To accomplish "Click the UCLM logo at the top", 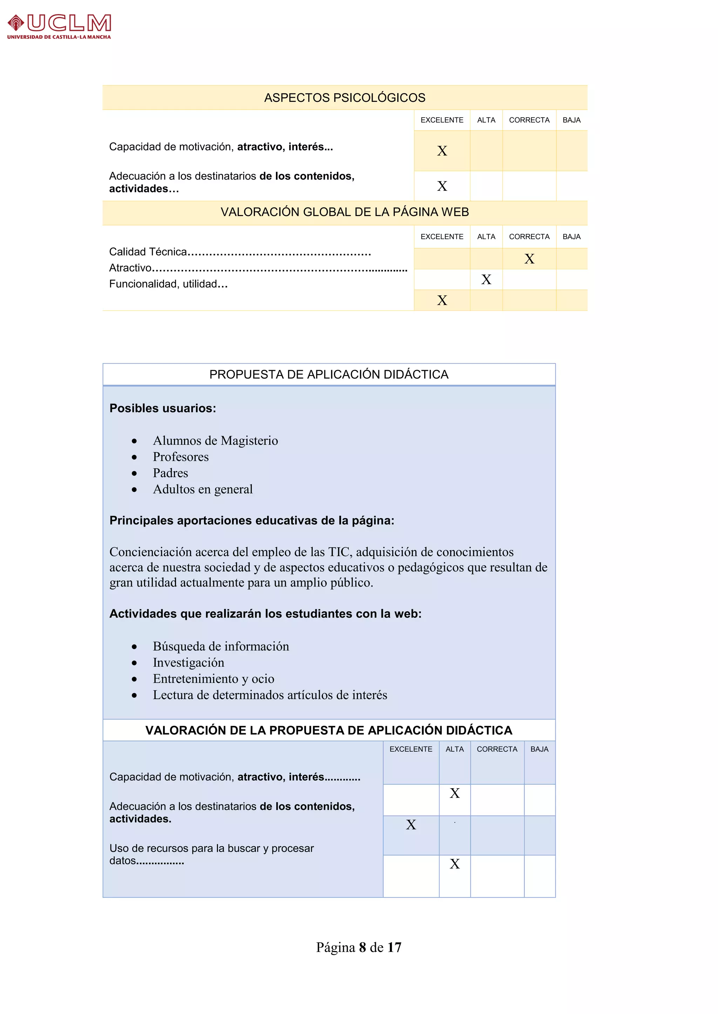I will (59, 27).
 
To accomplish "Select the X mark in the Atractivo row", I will (486, 279).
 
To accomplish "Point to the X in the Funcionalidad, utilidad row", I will (442, 300).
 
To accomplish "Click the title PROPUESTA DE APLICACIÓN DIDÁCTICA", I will (328, 375).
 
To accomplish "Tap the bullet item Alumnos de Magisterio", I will (215, 441).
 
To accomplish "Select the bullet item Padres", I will (170, 473).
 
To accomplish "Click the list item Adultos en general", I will (203, 489).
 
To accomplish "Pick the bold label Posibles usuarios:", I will (163, 408).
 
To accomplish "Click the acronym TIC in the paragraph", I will (339, 552).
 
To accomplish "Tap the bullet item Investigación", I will (188, 662).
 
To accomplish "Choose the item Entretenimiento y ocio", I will (213, 679).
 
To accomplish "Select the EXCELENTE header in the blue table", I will (411, 749).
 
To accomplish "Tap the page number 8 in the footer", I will (362, 947).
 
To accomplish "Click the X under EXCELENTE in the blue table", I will (411, 825).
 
